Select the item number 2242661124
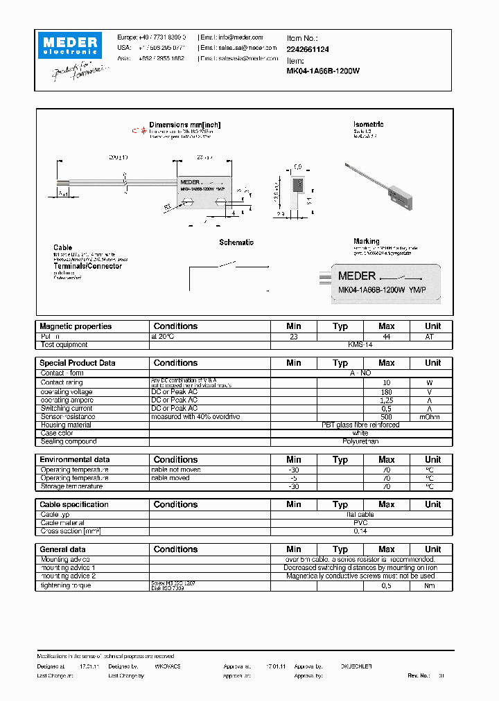(x=308, y=49)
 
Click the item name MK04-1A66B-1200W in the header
(x=323, y=71)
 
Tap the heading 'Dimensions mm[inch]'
(x=184, y=125)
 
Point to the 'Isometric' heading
(x=368, y=125)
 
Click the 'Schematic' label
(x=236, y=242)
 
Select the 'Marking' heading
(x=366, y=242)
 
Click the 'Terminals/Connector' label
(x=87, y=266)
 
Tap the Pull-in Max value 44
(x=386, y=336)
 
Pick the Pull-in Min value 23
(x=293, y=336)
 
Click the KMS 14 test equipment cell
(x=360, y=344)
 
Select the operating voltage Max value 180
(x=386, y=392)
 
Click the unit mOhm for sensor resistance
(x=432, y=417)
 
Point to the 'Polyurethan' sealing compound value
(x=360, y=441)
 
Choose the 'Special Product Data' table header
(x=78, y=363)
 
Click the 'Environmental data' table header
(x=75, y=460)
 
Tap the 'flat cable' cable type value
(x=360, y=515)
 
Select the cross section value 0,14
(x=360, y=531)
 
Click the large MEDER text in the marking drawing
(x=357, y=276)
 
